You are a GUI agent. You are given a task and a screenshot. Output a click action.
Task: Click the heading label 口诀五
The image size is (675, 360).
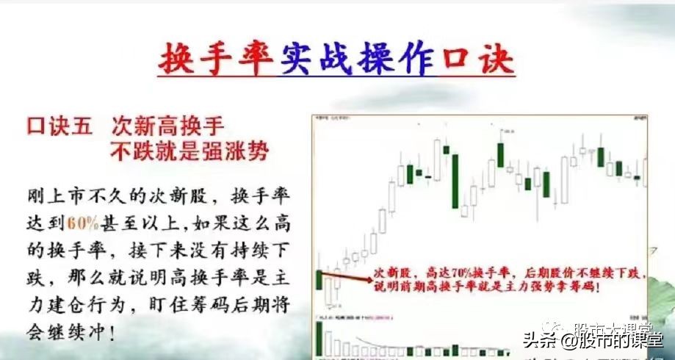point(59,126)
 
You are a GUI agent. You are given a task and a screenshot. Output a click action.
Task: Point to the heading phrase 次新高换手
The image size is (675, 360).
point(167,126)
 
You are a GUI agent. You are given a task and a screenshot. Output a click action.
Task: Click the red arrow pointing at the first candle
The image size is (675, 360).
point(345,278)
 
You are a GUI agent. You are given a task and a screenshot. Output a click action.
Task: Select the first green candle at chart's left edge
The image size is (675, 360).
point(318,279)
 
